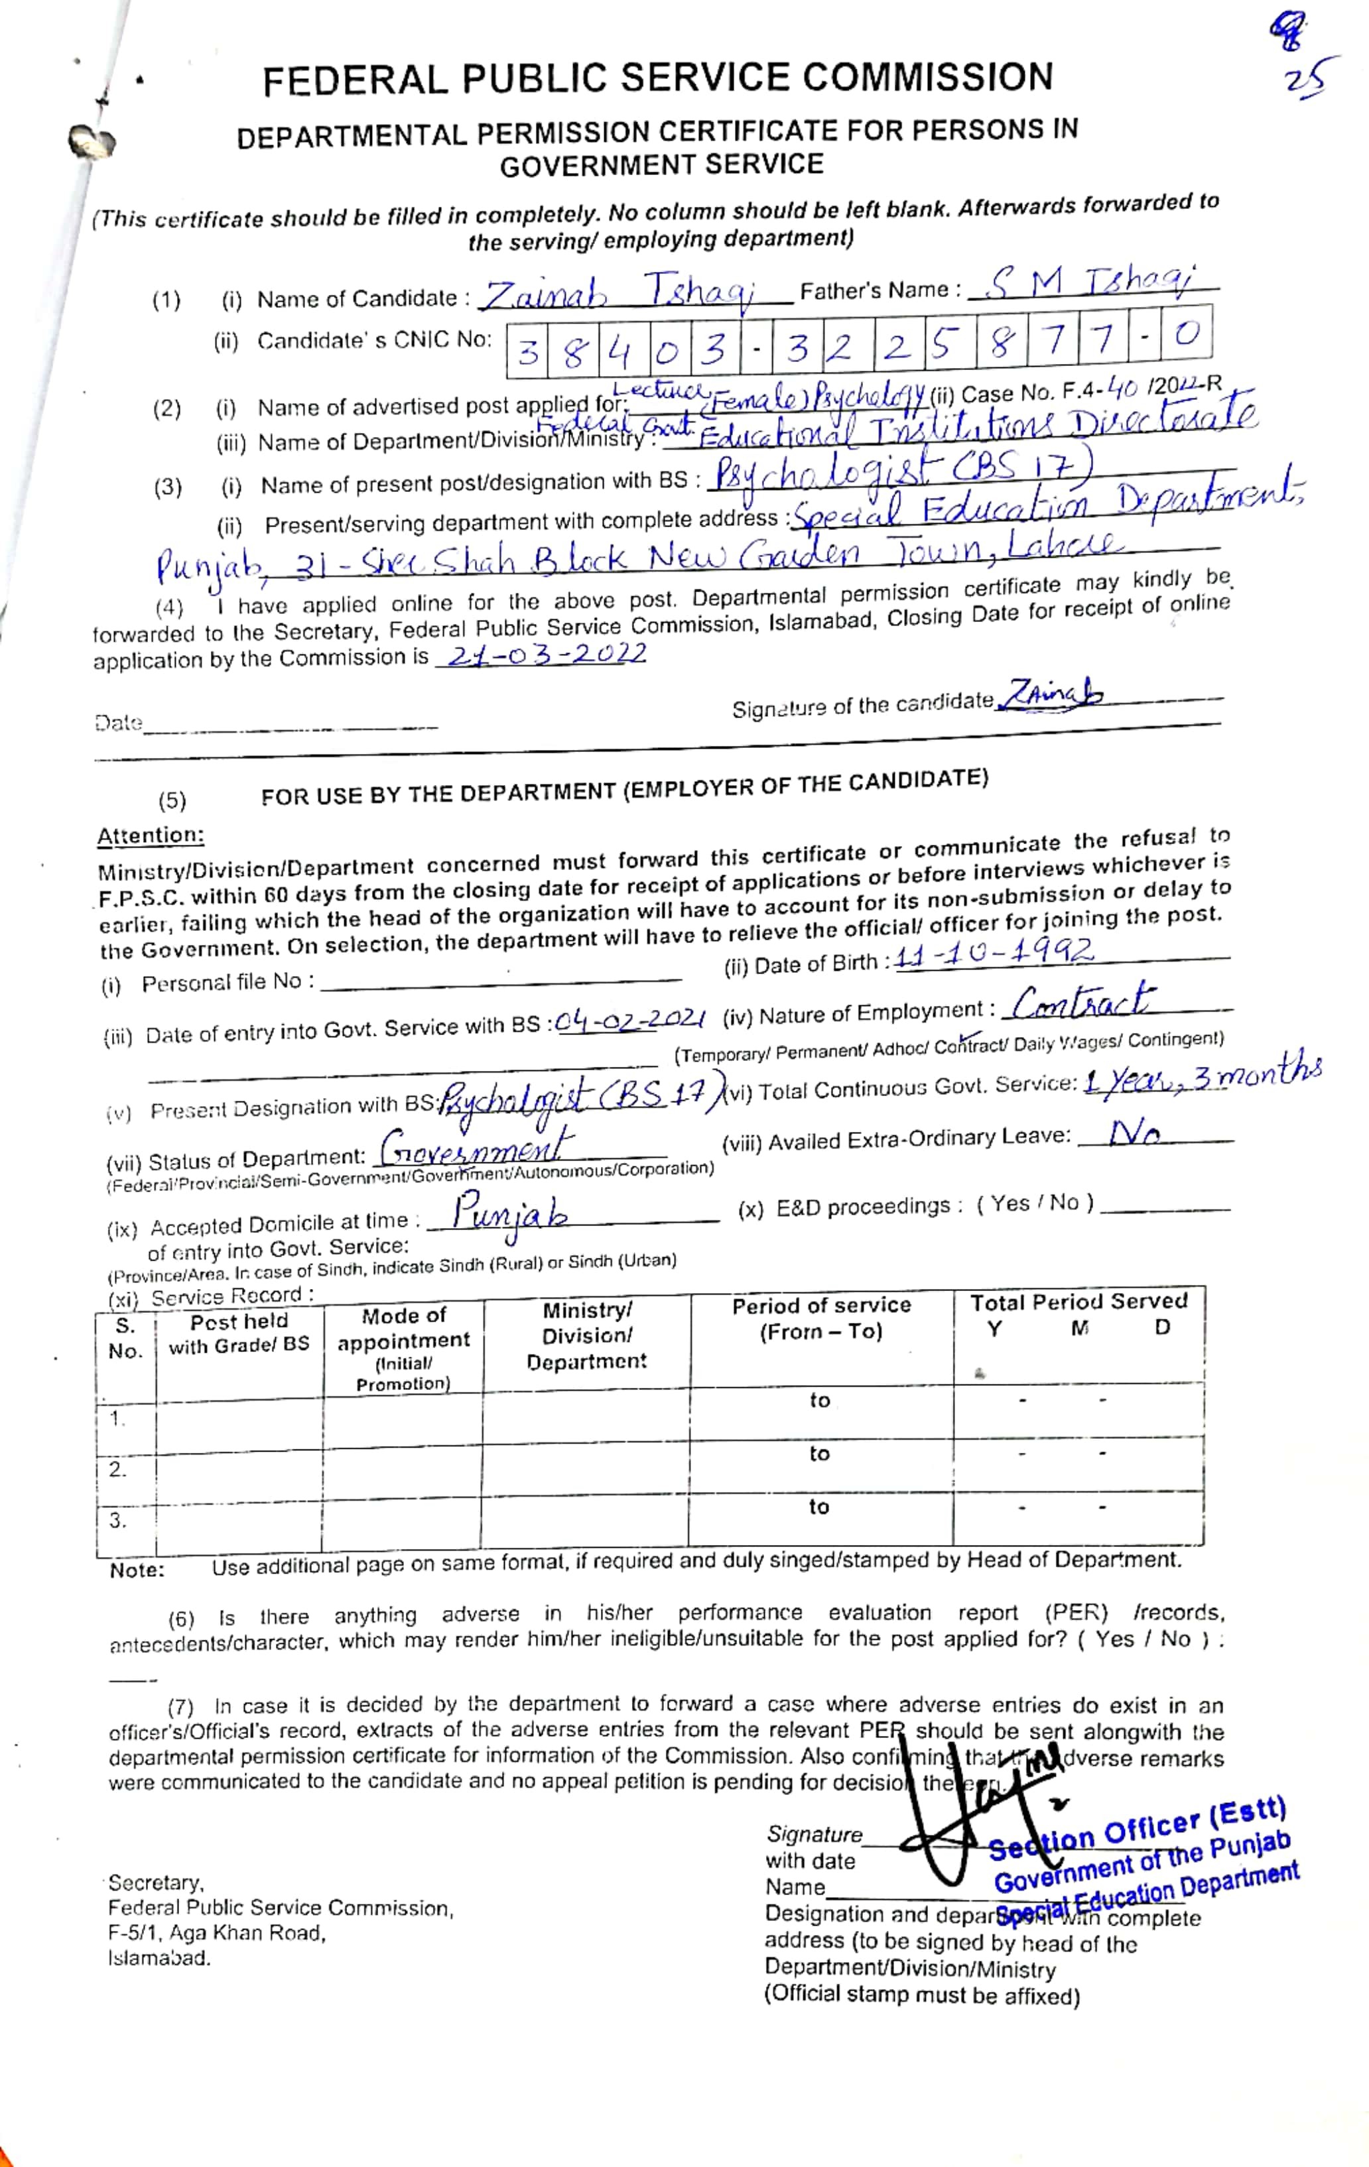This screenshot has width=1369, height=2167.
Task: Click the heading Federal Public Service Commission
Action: tap(657, 79)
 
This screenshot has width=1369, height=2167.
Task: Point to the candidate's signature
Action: tap(1054, 694)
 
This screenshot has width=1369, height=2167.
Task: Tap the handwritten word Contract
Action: tap(1080, 1001)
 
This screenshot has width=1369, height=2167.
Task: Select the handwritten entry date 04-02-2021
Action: tap(630, 1021)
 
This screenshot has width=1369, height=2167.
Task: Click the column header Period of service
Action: tap(821, 1318)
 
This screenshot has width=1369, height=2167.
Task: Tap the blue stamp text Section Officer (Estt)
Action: tap(1139, 1827)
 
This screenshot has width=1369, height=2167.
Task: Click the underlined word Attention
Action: tap(151, 835)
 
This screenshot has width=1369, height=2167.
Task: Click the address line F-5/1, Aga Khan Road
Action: tap(216, 1932)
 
